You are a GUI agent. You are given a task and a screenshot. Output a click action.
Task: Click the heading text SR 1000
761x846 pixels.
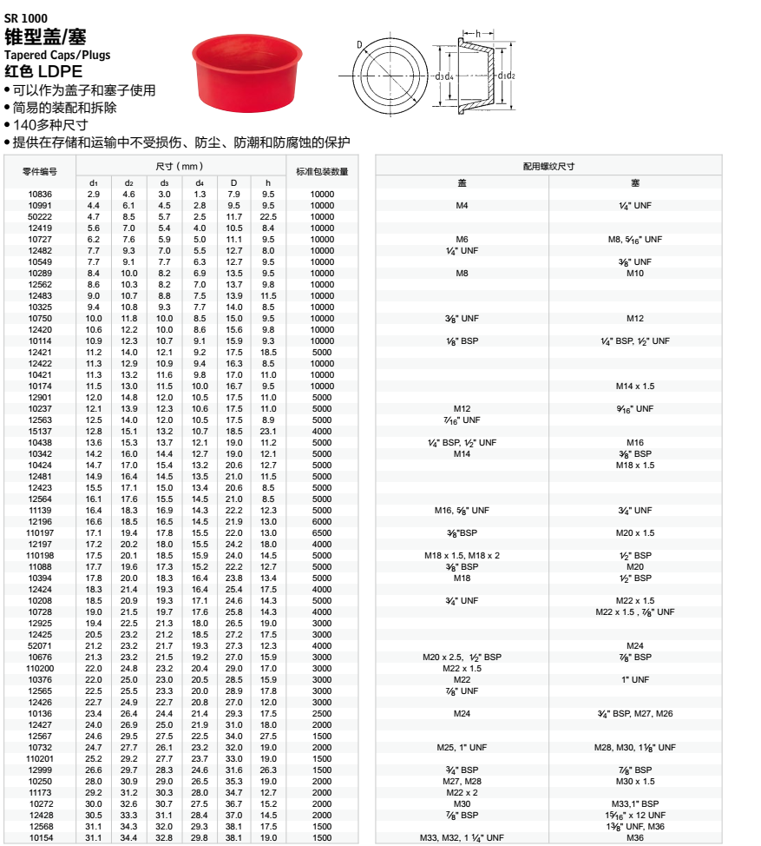(x=26, y=17)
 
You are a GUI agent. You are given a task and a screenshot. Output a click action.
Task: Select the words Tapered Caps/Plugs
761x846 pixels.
(x=57, y=56)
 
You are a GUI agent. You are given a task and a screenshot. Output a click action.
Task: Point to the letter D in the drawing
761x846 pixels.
(x=358, y=44)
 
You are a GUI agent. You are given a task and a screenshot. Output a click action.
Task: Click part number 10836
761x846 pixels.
(x=40, y=194)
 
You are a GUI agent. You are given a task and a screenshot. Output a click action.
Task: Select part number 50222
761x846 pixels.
(x=40, y=216)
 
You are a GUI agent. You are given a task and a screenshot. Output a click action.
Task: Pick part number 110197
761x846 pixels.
(x=40, y=532)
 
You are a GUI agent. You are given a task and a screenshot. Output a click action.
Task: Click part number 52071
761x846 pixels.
(x=40, y=645)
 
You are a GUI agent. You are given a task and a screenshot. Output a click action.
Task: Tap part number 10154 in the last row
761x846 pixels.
(x=40, y=837)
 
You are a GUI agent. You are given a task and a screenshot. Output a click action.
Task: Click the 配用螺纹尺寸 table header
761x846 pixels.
(x=548, y=165)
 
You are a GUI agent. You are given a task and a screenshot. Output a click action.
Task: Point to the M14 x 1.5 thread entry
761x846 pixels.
(x=635, y=386)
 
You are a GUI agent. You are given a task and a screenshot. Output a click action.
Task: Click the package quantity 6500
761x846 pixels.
(x=322, y=532)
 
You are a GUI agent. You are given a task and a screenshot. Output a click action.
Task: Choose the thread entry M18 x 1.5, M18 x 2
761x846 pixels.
(x=462, y=555)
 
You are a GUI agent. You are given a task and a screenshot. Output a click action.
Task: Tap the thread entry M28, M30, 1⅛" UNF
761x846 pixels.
(x=635, y=747)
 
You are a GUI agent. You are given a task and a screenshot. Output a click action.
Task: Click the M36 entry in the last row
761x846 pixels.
(x=635, y=837)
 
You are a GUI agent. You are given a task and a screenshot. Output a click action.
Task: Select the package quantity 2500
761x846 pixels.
(x=322, y=713)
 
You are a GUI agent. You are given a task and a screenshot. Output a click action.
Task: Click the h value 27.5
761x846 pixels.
(x=268, y=736)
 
